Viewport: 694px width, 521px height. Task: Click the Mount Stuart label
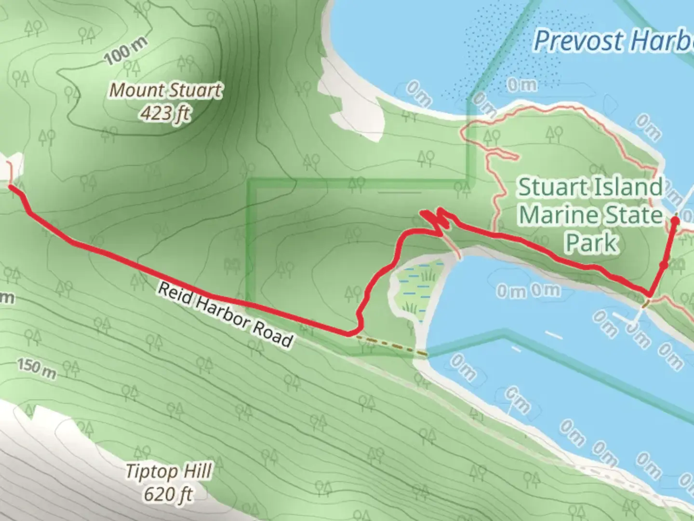(x=166, y=90)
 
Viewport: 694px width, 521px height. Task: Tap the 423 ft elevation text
(x=165, y=113)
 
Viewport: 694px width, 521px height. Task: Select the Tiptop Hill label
(x=169, y=471)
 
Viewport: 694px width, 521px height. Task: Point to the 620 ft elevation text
(x=169, y=494)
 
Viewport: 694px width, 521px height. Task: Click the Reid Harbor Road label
(x=226, y=315)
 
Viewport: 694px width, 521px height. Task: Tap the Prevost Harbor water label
(x=612, y=41)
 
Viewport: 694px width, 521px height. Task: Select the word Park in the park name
(x=592, y=243)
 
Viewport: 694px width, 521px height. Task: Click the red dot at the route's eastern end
(x=675, y=220)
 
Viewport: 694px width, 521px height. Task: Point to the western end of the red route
(x=11, y=186)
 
